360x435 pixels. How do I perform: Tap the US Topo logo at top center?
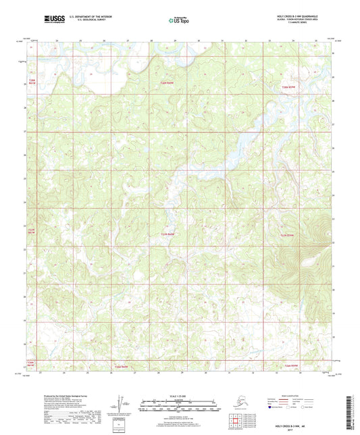(179, 20)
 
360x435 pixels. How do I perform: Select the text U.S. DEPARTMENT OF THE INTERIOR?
(86, 15)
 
